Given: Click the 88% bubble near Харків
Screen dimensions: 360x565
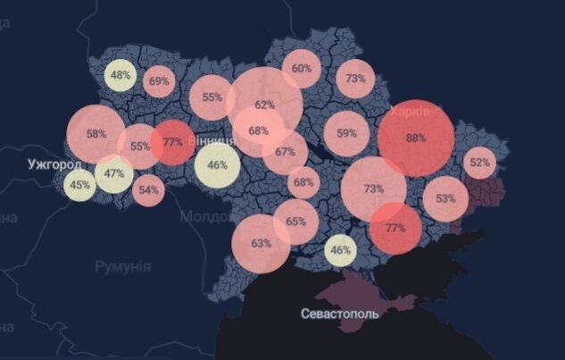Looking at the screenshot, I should pyautogui.click(x=415, y=138).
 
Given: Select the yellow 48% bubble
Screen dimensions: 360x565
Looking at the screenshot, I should pyautogui.click(x=120, y=75).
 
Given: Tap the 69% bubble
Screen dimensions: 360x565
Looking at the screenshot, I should pyautogui.click(x=160, y=81).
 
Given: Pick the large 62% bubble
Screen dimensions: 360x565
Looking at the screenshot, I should pyautogui.click(x=264, y=104).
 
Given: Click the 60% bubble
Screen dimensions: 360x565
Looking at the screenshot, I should pyautogui.click(x=302, y=69).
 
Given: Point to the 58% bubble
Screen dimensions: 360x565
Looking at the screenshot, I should pyautogui.click(x=96, y=134).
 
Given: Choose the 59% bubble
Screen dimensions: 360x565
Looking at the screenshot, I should pyautogui.click(x=346, y=133).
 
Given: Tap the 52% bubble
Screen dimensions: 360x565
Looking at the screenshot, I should pyautogui.click(x=480, y=163).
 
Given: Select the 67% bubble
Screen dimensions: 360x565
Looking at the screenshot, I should pyautogui.click(x=285, y=152).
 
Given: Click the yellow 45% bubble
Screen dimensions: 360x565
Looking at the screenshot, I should pyautogui.click(x=79, y=185).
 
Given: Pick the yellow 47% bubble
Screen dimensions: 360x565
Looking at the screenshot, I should pyautogui.click(x=113, y=173).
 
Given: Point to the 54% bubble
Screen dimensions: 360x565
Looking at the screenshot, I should pyautogui.click(x=148, y=190).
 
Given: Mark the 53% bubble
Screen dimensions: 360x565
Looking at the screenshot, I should pyautogui.click(x=445, y=198).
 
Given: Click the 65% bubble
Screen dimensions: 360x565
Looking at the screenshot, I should pyautogui.click(x=295, y=222).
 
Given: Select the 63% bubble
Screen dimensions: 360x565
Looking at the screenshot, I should pyautogui.click(x=261, y=242).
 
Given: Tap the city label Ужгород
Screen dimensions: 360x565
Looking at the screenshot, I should pyautogui.click(x=54, y=164).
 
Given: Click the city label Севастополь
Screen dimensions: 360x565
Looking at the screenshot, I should pyautogui.click(x=339, y=314).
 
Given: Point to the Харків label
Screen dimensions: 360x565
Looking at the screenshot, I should pyautogui.click(x=410, y=112).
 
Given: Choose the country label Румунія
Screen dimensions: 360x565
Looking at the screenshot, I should pyautogui.click(x=123, y=266).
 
